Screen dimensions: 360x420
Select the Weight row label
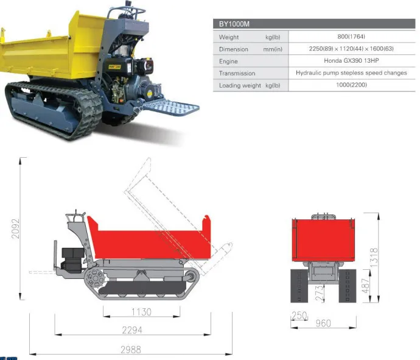coord(229,37)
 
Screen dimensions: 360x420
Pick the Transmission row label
coord(237,73)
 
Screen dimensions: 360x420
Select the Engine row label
coord(228,61)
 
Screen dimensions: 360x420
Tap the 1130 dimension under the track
coord(142,312)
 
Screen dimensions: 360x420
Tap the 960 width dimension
coord(323,323)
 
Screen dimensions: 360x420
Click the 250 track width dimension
coord(299,316)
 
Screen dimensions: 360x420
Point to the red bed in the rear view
coord(323,239)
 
